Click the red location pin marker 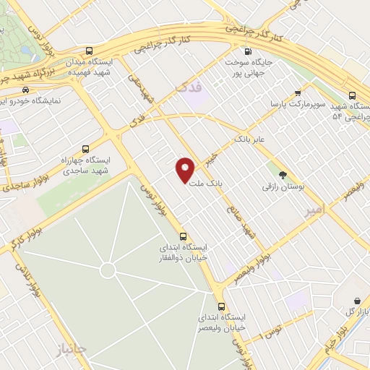pos(185,169)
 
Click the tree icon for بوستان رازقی pos(283,174)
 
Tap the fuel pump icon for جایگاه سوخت pos(248,51)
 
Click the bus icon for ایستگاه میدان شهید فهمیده pos(89,51)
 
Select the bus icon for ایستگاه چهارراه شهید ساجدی pos(86,148)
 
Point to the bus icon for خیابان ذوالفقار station pos(182,236)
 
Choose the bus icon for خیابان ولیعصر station pos(221,306)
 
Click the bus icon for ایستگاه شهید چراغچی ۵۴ pos(352,95)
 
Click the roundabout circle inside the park pos(108,270)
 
